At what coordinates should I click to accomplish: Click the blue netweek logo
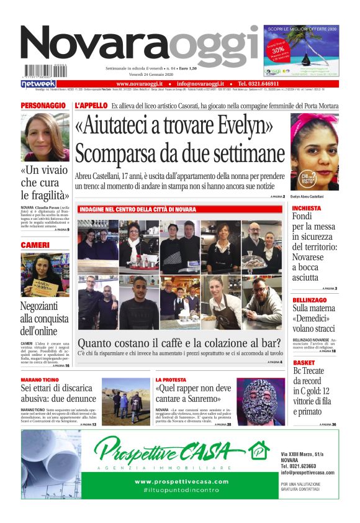pyautogui.click(x=38, y=83)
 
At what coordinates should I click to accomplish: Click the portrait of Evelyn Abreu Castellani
pyautogui.click(x=314, y=152)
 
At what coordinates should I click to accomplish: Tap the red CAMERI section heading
pyautogui.click(x=35, y=245)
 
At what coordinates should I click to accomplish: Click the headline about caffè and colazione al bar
pyautogui.click(x=179, y=342)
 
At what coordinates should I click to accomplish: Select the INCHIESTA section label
pyautogui.click(x=307, y=208)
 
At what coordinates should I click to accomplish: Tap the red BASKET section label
pyautogui.click(x=304, y=362)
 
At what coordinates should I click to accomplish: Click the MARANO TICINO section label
pyautogui.click(x=40, y=379)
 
